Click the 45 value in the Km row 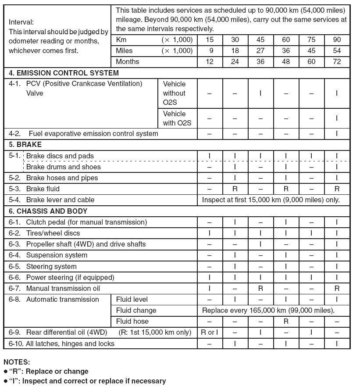pos(260,39)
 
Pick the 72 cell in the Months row pos(337,61)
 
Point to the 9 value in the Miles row pos(210,50)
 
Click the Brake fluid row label pos(43,189)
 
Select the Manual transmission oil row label pos(63,288)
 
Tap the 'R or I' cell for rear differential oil pos(210,332)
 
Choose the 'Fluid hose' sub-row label pos(132,321)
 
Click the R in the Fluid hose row pos(286,321)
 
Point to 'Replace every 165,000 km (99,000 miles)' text pos(268,310)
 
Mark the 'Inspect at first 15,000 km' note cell pos(271,200)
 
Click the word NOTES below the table pos(17,362)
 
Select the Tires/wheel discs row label pos(53,233)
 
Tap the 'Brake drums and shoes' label pos(63,167)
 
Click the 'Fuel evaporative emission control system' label pos(93,133)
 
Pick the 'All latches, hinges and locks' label pos(70,343)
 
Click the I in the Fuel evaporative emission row pos(337,133)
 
